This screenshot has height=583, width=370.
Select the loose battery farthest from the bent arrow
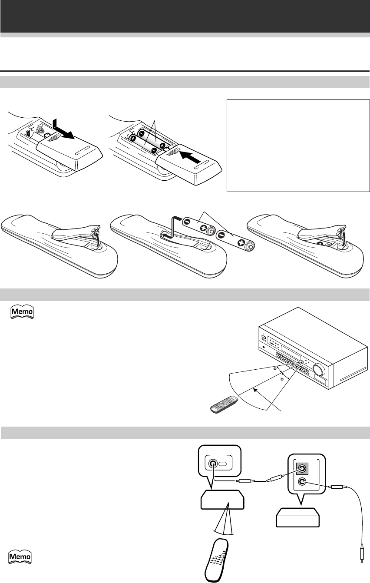click(235, 241)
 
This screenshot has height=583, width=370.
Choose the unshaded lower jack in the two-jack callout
click(302, 481)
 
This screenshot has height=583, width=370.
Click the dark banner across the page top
click(185, 16)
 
